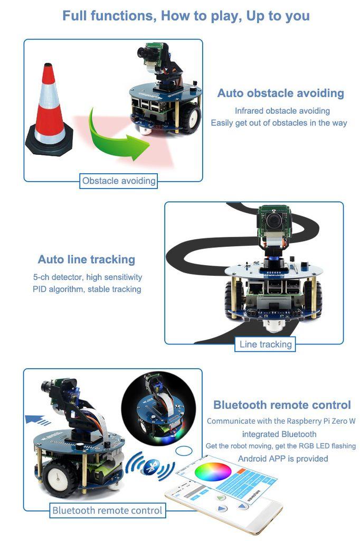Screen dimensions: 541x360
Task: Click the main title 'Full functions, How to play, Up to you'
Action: click(186, 15)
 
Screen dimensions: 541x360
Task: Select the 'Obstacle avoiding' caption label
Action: click(119, 181)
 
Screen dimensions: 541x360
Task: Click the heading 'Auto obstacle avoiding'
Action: click(280, 94)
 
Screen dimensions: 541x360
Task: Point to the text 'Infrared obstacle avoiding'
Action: click(282, 111)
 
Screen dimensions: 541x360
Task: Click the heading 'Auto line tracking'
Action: click(87, 259)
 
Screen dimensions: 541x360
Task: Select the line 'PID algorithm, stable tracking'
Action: click(87, 289)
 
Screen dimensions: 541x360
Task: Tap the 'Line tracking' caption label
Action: click(266, 344)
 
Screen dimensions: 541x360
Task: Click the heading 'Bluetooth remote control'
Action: click(282, 405)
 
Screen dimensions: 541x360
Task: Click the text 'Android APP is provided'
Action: click(282, 459)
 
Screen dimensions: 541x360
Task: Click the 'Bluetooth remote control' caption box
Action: click(107, 510)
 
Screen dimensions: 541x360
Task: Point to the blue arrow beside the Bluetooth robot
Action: click(37, 420)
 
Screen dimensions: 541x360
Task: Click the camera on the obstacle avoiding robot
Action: click(145, 52)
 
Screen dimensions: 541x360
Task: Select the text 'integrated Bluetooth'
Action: click(279, 434)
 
